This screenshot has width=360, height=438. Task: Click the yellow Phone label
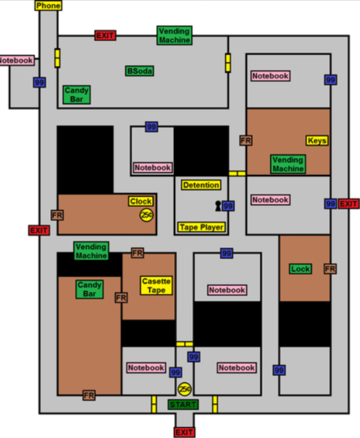48,6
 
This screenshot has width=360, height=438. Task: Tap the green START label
183,404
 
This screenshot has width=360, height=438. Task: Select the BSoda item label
140,71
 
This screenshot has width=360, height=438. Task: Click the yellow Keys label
317,141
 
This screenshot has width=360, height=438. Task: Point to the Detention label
201,185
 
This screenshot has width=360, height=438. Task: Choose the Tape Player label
202,227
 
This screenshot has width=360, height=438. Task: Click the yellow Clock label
141,202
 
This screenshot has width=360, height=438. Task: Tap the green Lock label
300,269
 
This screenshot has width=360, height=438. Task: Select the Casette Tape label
156,285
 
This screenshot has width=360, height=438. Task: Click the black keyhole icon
217,206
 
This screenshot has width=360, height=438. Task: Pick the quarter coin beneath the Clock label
147,215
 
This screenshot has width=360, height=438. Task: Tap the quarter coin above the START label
184,389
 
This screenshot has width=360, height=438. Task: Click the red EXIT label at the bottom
184,432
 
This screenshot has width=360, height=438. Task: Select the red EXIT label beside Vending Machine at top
105,35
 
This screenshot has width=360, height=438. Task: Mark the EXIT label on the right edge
349,204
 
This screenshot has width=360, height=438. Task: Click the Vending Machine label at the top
174,35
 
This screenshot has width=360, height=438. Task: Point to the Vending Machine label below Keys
288,165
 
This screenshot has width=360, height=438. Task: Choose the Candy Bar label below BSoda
76,95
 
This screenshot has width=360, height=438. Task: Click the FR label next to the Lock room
330,268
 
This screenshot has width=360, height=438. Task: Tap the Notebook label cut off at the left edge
16,60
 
